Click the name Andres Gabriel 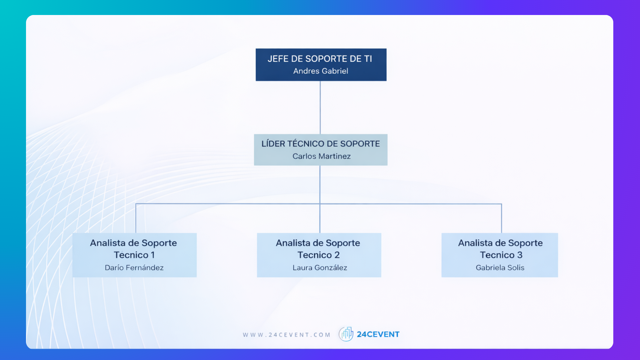tap(321, 71)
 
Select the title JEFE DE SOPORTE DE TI tap(320, 59)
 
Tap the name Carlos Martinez tap(321, 156)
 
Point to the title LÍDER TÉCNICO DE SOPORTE tap(320, 144)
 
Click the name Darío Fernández tap(134, 267)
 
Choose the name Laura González tap(320, 267)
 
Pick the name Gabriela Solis tap(500, 267)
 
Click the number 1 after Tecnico tap(153, 255)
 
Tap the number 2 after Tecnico tap(337, 255)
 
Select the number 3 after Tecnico tap(520, 255)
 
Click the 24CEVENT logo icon tap(346, 334)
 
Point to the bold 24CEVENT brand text tap(378, 334)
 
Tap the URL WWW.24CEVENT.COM tap(286, 335)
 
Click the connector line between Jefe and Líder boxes tap(320, 107)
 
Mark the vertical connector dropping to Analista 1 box tap(136, 218)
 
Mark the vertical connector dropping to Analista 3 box tap(501, 218)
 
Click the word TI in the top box tap(368, 59)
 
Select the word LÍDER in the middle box tap(273, 144)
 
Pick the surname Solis tap(516, 267)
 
